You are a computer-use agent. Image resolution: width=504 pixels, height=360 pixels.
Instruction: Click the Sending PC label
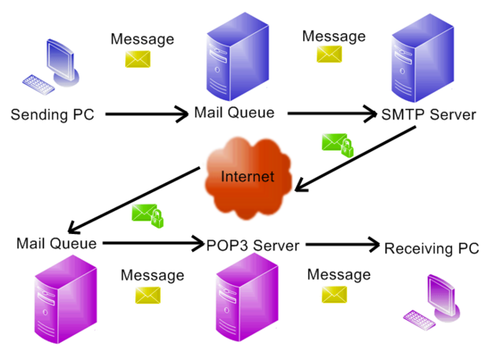pyautogui.click(x=52, y=115)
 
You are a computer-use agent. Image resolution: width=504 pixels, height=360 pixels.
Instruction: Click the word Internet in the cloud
pyautogui.click(x=247, y=176)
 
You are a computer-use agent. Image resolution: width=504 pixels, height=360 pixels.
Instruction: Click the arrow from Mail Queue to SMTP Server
pyautogui.click(x=332, y=114)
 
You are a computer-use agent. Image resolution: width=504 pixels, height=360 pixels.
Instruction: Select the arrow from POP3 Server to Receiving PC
pyautogui.click(x=339, y=245)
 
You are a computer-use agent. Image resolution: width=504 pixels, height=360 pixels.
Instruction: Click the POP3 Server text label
pyautogui.click(x=253, y=245)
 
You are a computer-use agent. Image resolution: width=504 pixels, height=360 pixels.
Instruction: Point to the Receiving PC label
pyautogui.click(x=431, y=249)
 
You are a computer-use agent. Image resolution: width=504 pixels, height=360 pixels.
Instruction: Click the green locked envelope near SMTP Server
pyautogui.click(x=337, y=144)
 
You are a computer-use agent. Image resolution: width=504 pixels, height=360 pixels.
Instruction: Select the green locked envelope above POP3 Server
pyautogui.click(x=148, y=215)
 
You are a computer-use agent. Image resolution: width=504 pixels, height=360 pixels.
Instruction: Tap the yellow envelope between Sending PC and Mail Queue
pyautogui.click(x=138, y=58)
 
